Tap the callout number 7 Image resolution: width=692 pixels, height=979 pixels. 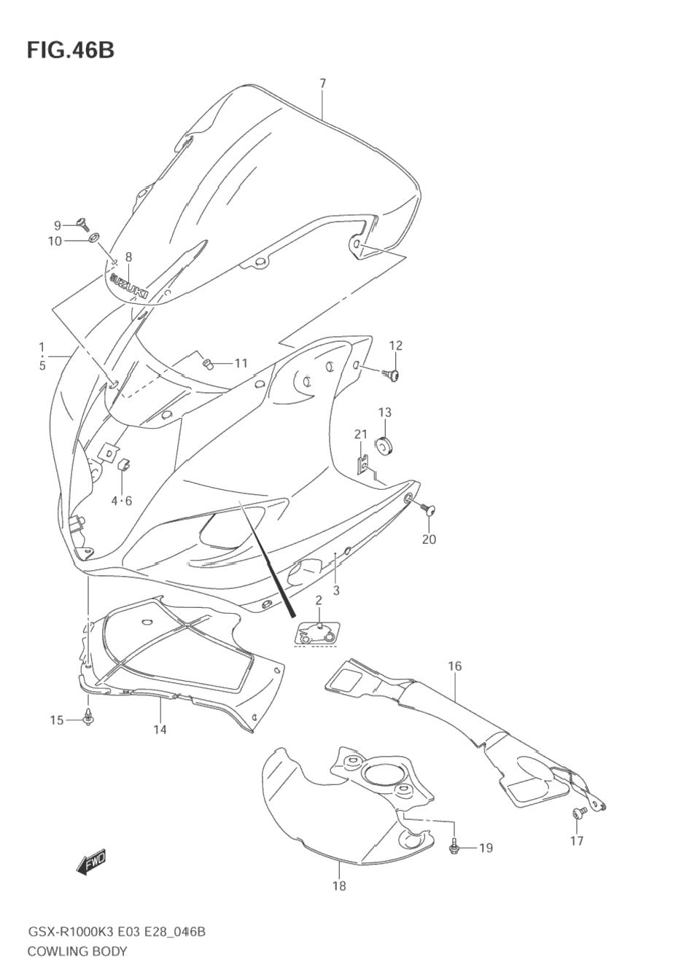tap(322, 83)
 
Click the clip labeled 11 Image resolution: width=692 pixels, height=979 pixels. tap(207, 362)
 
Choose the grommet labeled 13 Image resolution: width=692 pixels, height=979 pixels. tap(384, 445)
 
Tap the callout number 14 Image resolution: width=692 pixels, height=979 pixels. tap(160, 729)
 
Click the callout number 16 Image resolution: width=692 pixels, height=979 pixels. tap(455, 666)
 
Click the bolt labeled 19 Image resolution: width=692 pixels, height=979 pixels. tap(454, 846)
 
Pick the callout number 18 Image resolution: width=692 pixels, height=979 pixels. tap(339, 886)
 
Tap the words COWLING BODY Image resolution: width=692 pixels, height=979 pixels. tap(77, 951)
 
